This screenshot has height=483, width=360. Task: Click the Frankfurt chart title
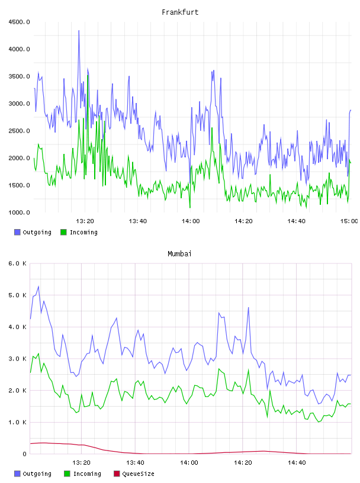pos(180,12)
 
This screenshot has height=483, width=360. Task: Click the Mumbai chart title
pos(179,254)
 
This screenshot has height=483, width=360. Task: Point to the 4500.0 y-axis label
pos(19,22)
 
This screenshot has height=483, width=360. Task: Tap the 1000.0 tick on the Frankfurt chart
pos(19,212)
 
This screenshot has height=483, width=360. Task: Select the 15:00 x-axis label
pos(349,221)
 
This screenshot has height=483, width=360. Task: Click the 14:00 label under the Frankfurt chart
pos(191,221)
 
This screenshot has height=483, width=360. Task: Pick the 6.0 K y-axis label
pos(17,263)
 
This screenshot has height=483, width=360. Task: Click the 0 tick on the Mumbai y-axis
pos(24,454)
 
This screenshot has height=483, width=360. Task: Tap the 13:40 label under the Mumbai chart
pos(135,462)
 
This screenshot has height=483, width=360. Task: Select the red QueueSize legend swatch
pos(117,474)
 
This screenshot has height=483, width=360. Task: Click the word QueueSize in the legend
pos(138,474)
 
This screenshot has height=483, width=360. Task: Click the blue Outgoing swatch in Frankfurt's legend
pos(17,232)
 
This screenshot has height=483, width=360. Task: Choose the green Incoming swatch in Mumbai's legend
pos(67,474)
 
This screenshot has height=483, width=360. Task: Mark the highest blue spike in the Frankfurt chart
pos(79,31)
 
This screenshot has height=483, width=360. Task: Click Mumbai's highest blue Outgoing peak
pos(38,286)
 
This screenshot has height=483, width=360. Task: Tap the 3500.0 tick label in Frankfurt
pos(19,76)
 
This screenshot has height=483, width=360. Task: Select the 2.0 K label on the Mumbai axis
pos(17,390)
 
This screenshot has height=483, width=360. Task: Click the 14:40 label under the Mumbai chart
pos(297,462)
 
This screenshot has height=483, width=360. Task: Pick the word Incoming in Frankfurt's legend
pos(83,232)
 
